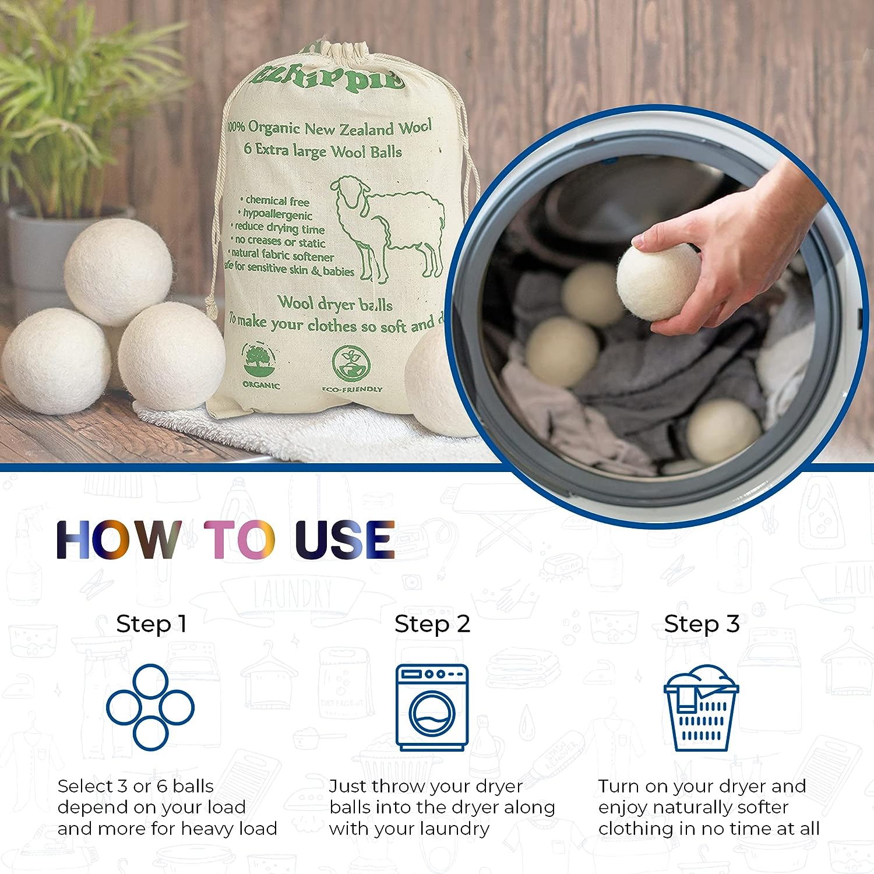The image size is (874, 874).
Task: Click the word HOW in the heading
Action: (118, 540)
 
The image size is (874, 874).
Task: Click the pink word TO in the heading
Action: (239, 540)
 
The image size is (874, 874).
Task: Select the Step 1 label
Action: (151, 624)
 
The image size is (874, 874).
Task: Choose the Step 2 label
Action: (432, 624)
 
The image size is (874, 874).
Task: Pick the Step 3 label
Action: (702, 624)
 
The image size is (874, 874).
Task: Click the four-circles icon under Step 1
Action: (150, 707)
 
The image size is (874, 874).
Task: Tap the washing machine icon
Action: (432, 707)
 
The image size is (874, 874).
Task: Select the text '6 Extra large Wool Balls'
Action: (323, 151)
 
